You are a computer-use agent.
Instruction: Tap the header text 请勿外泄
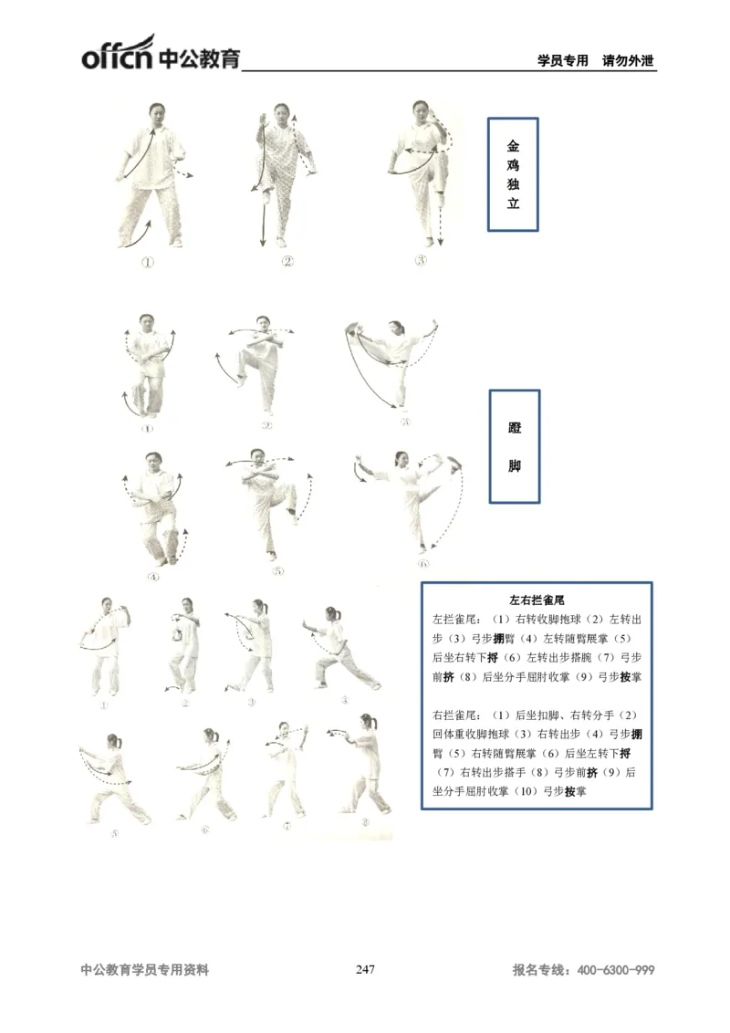point(630,61)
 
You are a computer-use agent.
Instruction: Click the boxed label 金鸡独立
point(513,173)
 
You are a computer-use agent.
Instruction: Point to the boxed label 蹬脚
point(515,446)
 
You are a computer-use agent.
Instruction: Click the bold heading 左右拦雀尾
point(537,600)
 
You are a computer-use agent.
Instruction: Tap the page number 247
point(365,970)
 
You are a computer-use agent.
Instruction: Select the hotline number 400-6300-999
point(616,971)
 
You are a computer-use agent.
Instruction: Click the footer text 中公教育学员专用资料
point(145,971)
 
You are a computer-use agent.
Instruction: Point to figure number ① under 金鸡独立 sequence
point(147,261)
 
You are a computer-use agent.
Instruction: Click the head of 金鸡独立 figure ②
point(280,113)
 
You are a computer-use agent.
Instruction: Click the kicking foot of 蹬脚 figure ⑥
point(454,462)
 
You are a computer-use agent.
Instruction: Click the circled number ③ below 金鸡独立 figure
point(421,259)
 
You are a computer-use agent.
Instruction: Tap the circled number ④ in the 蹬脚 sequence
point(152,577)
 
